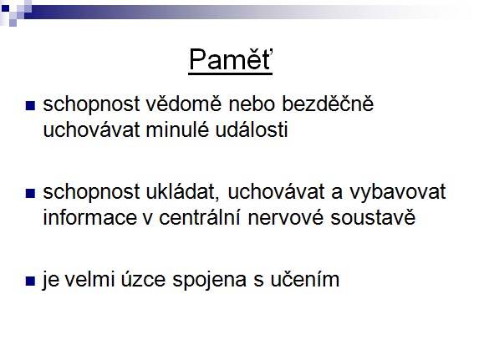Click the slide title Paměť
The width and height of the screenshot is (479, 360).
coord(231,59)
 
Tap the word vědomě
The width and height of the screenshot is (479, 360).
coord(183,104)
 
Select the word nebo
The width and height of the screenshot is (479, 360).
coord(251,104)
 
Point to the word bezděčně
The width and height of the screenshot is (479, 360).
coord(328,104)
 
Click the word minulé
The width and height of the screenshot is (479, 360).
coord(177,129)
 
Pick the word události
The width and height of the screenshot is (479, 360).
coord(252,129)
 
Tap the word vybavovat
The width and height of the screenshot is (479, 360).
coord(397,192)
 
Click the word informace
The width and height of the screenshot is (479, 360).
coord(89,217)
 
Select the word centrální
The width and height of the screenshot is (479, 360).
coord(200,217)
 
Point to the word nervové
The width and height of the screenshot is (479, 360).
coord(285,217)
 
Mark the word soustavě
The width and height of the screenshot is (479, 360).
coord(373,217)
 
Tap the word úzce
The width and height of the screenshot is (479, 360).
coord(143,279)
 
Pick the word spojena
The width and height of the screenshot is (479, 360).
coord(209,280)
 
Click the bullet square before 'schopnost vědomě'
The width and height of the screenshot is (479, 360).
coord(30,106)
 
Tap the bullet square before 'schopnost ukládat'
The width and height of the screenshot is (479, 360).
coord(30,193)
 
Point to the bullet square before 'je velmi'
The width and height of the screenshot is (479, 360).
coord(30,281)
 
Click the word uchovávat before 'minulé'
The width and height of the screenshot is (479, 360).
coord(91,129)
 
